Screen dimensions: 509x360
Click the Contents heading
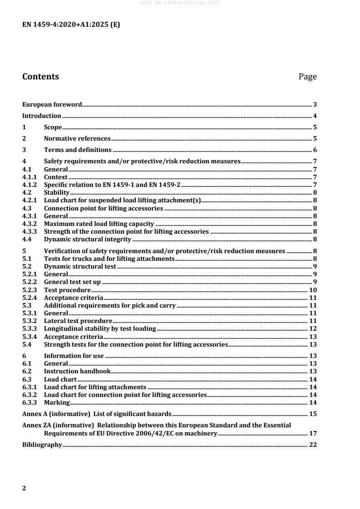click(40, 77)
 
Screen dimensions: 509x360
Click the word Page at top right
click(307, 77)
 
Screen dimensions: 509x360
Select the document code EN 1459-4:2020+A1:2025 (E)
click(71, 25)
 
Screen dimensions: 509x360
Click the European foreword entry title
click(52, 104)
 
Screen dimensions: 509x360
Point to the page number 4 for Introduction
click(315, 116)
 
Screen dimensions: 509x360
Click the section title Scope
click(53, 127)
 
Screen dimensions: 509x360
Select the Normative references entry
click(77, 139)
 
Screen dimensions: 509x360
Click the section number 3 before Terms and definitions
click(24, 150)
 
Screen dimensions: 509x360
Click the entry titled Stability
click(56, 192)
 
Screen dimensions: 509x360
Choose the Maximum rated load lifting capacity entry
click(99, 223)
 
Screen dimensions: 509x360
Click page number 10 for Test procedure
click(313, 289)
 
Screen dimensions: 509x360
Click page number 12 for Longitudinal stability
click(313, 328)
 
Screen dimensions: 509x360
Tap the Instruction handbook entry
click(77, 371)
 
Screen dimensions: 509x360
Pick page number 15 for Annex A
click(313, 414)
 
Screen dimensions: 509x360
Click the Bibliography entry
click(42, 445)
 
